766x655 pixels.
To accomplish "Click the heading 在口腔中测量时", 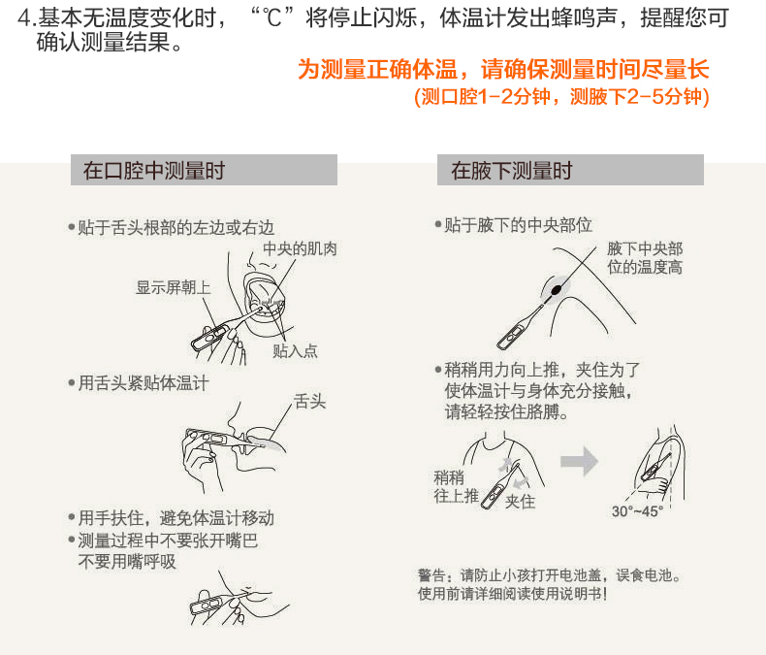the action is [154, 171].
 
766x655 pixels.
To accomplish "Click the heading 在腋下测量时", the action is [512, 171].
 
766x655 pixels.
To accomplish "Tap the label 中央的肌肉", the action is [300, 248].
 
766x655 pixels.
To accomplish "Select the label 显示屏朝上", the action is [173, 287].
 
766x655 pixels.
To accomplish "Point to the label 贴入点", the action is [295, 350].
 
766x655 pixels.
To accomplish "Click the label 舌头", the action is [309, 402].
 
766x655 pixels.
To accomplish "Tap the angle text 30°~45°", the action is [637, 511].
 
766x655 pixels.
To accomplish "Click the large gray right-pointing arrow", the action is [580, 461].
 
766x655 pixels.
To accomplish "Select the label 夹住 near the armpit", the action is [521, 502].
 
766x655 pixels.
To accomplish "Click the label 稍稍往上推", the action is [457, 486].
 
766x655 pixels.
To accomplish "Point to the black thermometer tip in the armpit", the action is [556, 290].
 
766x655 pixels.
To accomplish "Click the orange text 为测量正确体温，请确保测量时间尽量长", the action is [503, 69].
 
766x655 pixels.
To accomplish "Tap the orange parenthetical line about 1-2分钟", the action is [561, 96].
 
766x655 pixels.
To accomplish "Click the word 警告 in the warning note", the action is [431, 575].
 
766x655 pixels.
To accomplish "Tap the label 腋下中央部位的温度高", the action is [645, 258].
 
